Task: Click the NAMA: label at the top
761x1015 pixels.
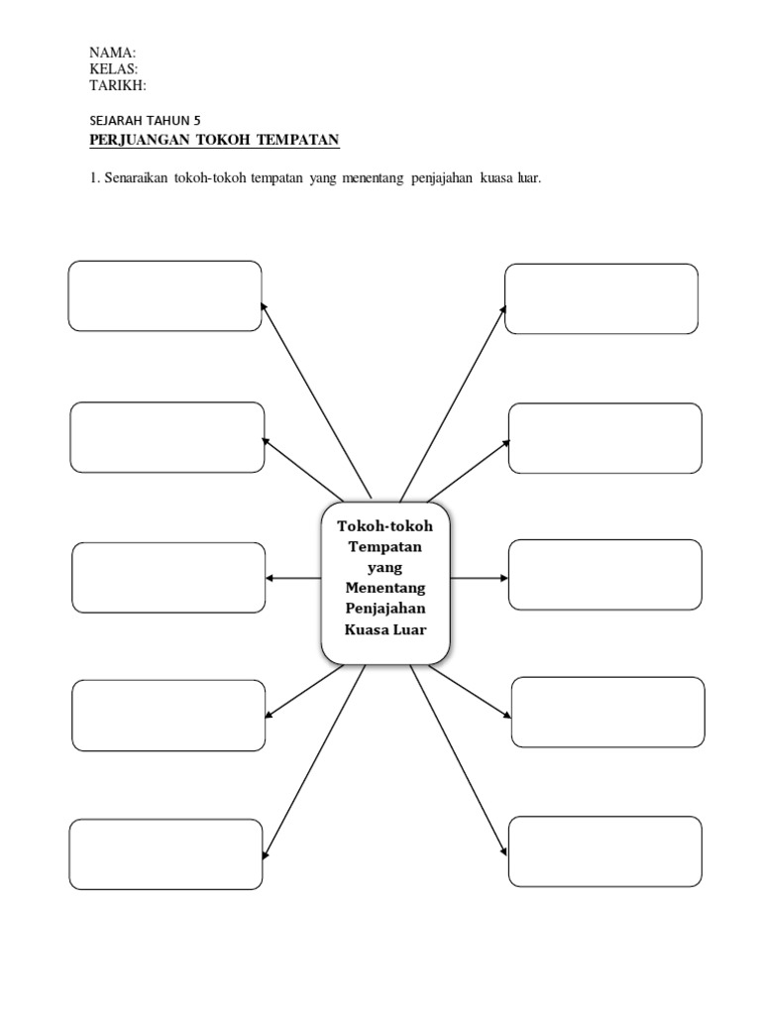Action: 113,53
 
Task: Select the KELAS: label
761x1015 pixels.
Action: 114,68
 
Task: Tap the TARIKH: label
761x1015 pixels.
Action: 118,84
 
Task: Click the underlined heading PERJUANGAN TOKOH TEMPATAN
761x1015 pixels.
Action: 214,141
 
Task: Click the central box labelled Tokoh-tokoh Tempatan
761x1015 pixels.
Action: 385,583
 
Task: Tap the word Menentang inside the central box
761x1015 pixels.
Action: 385,588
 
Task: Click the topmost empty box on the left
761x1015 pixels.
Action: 164,295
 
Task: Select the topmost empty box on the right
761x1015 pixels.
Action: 600,298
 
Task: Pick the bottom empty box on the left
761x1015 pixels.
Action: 165,853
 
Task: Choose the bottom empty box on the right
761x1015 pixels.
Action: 603,851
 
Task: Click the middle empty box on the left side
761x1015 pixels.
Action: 168,577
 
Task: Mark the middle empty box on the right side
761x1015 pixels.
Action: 604,575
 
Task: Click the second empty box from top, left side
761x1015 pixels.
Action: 166,437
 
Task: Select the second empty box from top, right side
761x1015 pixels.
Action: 604,438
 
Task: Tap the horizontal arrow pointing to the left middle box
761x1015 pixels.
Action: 292,579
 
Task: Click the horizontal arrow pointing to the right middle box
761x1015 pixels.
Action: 480,577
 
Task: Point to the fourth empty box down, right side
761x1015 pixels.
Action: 607,712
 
